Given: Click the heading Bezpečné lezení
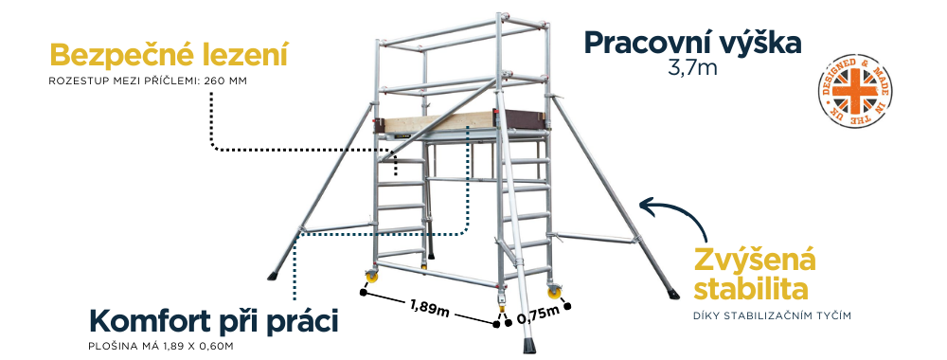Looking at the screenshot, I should (x=168, y=54).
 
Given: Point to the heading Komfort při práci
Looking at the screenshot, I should (x=213, y=319).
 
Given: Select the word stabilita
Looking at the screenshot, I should (x=754, y=287).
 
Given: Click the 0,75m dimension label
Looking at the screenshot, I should (x=537, y=315).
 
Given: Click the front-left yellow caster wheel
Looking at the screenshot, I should (x=368, y=281).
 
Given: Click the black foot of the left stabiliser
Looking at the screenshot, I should (x=274, y=277).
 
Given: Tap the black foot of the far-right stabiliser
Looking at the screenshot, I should (x=672, y=290).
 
